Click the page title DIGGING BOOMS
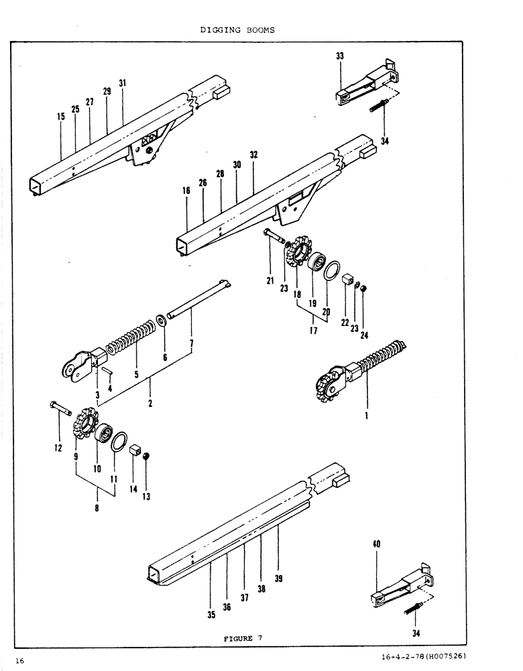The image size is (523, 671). click(x=238, y=30)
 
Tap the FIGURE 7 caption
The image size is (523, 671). click(x=243, y=638)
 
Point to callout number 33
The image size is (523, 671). click(x=340, y=57)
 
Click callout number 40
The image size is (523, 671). click(x=377, y=545)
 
